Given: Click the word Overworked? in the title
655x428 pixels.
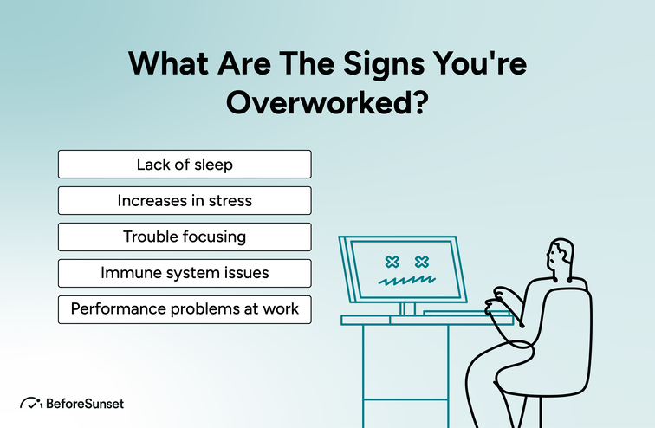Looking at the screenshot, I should click(x=327, y=101).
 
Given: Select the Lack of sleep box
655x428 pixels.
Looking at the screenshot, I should click(x=185, y=164).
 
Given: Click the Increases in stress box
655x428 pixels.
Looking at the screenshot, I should click(x=185, y=200).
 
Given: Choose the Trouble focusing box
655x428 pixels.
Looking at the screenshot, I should click(x=185, y=237).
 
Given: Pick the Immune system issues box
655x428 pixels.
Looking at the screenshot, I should click(x=185, y=273).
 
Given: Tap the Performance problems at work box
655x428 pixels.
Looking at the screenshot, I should click(x=185, y=309).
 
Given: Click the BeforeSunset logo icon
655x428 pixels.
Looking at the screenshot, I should click(x=31, y=403).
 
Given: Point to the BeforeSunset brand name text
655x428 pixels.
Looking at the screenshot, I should click(x=86, y=403).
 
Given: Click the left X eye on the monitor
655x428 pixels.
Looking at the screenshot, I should click(x=392, y=261).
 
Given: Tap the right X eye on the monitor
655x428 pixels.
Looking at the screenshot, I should click(x=422, y=261).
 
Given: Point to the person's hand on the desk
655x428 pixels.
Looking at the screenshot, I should click(x=495, y=305).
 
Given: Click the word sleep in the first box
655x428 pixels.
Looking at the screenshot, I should click(x=214, y=164).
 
